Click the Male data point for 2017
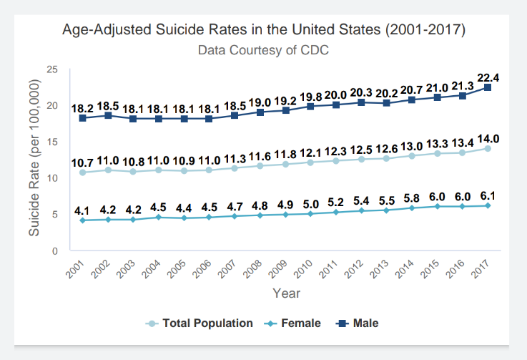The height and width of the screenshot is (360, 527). tap(488, 87)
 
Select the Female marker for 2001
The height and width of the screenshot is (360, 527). tap(83, 220)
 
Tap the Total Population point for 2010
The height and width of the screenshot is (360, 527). tap(310, 162)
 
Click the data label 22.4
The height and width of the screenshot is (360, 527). tap(488, 77)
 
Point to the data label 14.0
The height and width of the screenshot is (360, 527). tap(488, 139)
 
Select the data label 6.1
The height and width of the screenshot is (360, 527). tap(488, 195)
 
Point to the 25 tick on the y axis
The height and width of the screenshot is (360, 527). tap(52, 69)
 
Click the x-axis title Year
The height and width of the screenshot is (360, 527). tap(286, 293)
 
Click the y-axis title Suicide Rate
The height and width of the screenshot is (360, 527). tap(33, 157)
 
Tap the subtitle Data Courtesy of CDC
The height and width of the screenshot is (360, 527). tap(263, 51)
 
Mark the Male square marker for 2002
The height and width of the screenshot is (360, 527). tap(108, 115)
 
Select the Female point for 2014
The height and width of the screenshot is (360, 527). tap(412, 208)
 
